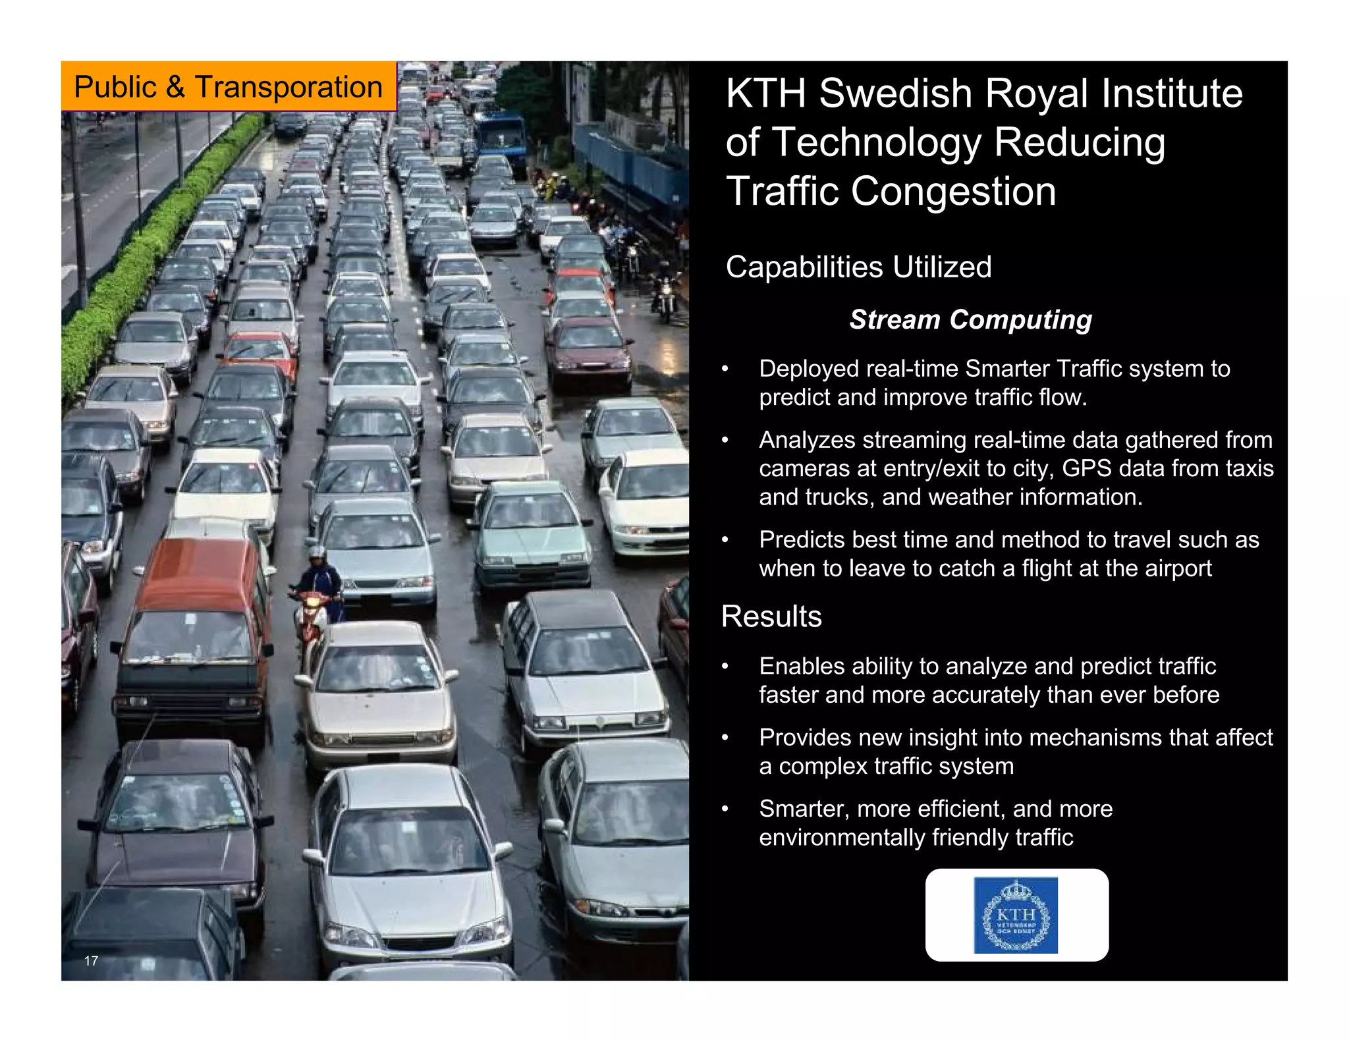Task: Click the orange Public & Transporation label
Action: pyautogui.click(x=228, y=87)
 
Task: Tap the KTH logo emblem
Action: pyautogui.click(x=1016, y=915)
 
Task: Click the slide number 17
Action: pyautogui.click(x=91, y=960)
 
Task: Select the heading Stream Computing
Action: pyautogui.click(x=970, y=319)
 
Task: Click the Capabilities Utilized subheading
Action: pyautogui.click(x=858, y=267)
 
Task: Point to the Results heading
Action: pyautogui.click(x=771, y=617)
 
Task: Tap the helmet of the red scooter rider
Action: pyautogui.click(x=317, y=552)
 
